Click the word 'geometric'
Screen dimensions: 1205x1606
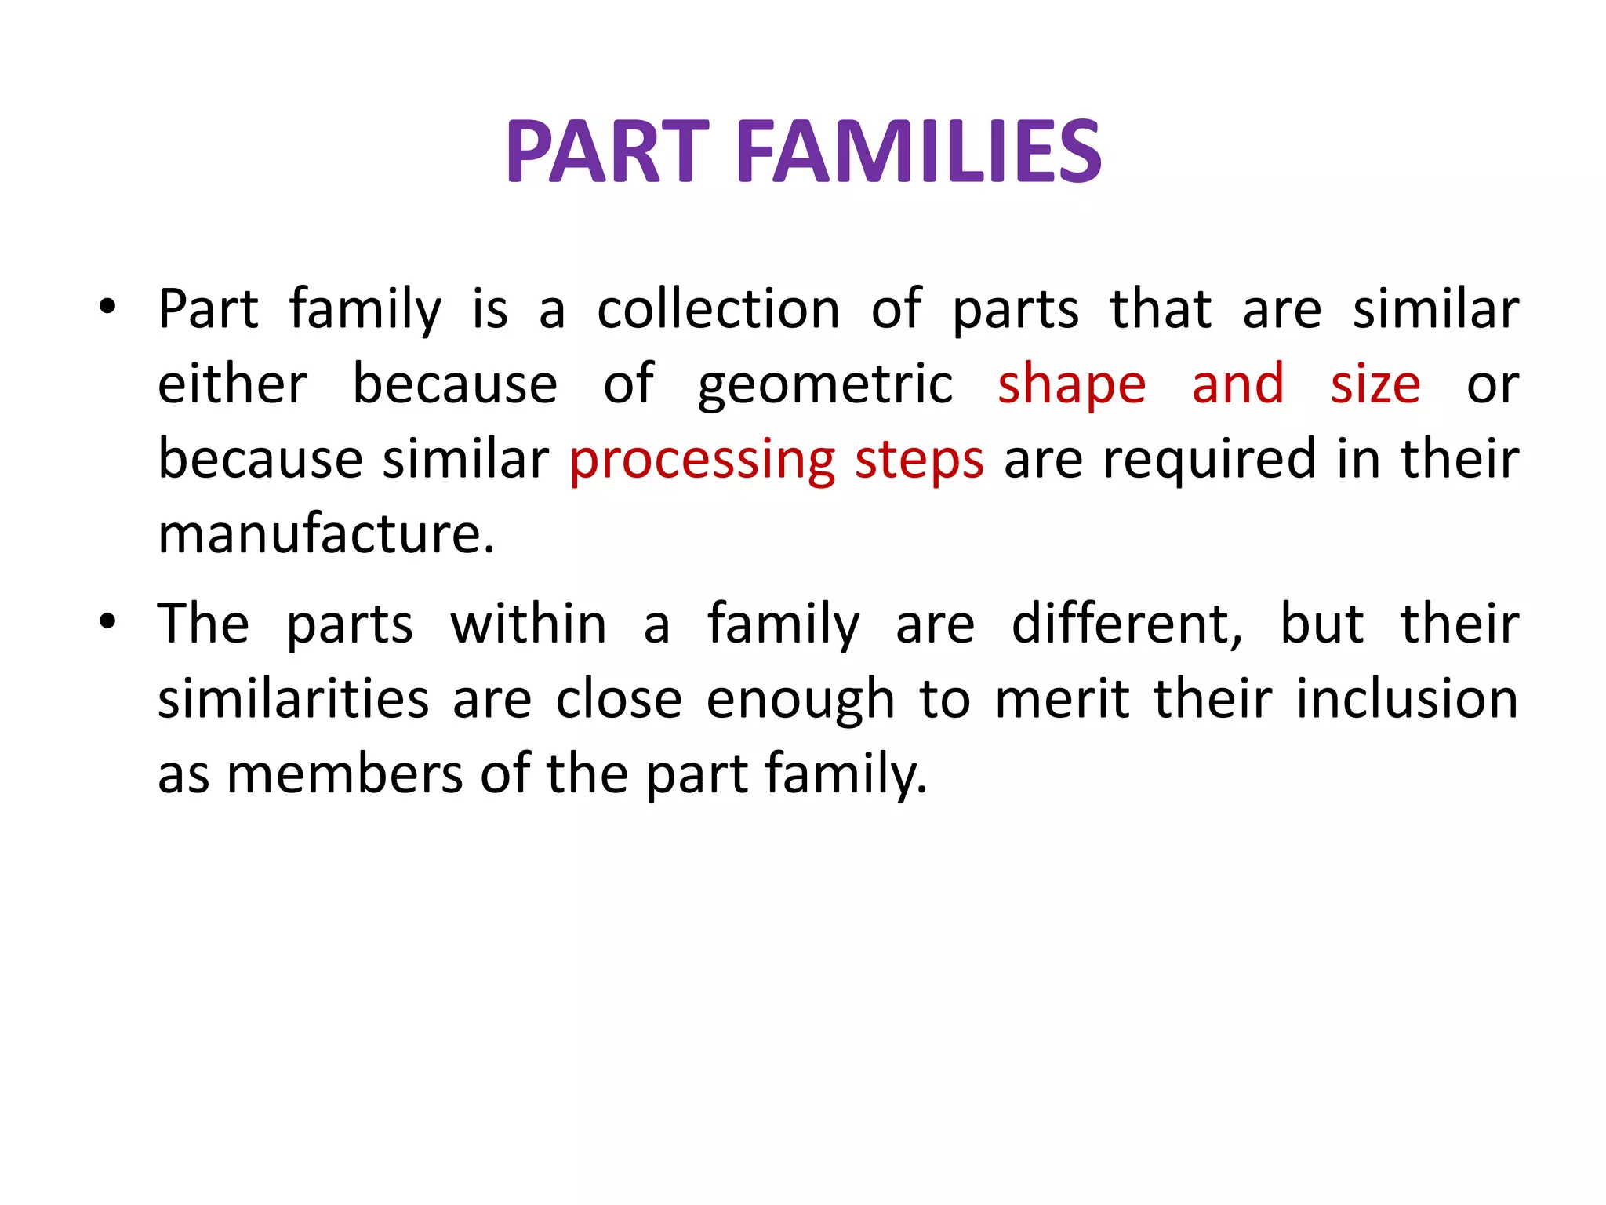825,384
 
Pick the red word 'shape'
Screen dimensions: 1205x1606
1071,386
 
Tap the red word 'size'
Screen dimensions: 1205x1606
1375,384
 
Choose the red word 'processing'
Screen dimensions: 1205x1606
702,461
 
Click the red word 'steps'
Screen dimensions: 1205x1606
919,461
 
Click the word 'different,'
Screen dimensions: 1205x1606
1128,625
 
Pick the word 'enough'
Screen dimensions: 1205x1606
800,701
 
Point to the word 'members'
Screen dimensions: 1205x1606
345,774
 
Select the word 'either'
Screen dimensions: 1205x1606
233,384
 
